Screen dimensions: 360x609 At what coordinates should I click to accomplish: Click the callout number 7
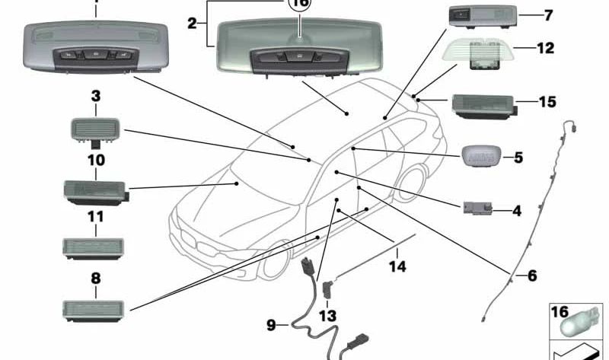[x=548, y=15]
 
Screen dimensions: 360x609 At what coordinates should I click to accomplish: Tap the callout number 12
[x=545, y=47]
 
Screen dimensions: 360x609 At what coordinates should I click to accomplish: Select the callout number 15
[x=547, y=101]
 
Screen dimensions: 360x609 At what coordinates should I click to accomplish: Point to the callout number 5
[x=518, y=158]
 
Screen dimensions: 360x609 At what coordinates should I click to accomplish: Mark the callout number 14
[x=397, y=266]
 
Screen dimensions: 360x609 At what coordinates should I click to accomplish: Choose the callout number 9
[x=271, y=326]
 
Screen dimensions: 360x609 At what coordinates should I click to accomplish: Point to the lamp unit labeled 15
[x=484, y=105]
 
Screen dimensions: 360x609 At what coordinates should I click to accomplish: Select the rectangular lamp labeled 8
[x=94, y=307]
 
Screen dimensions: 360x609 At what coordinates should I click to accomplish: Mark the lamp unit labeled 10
[x=94, y=190]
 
